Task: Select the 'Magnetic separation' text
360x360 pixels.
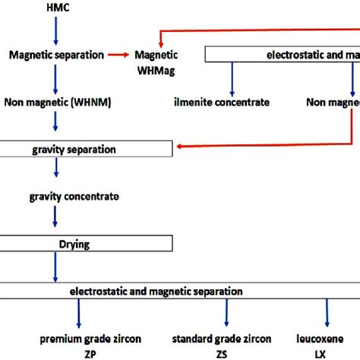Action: coord(55,55)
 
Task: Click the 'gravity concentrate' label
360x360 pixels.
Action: coord(74,196)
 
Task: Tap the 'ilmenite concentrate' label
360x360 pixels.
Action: coord(229,100)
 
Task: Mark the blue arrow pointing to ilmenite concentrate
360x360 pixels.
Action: coord(229,77)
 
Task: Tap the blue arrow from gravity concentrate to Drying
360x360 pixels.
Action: coord(55,219)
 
